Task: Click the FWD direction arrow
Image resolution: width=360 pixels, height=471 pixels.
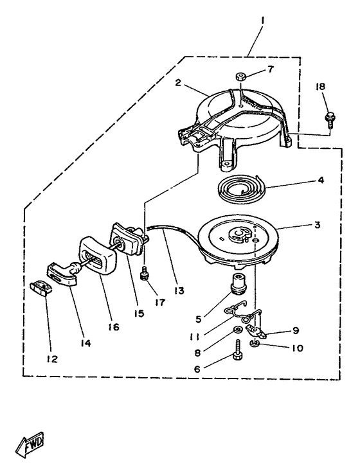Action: point(30,444)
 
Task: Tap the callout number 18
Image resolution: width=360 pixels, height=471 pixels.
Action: point(320,87)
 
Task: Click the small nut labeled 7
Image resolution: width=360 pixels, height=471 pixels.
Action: point(241,76)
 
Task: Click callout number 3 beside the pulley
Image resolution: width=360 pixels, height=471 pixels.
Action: point(318,224)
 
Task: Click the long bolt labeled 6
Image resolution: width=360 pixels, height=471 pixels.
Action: point(238,350)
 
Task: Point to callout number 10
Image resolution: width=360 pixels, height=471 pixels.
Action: point(297,348)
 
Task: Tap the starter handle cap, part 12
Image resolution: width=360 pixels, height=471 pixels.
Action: point(40,287)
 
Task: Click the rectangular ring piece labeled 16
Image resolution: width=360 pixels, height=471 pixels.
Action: point(97,254)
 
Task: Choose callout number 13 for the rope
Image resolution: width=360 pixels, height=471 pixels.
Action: point(179,291)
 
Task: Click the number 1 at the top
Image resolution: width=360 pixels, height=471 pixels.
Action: point(262,21)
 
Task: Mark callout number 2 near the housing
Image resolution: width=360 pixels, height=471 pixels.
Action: point(178,82)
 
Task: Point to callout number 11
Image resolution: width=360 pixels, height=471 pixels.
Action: point(194,337)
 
